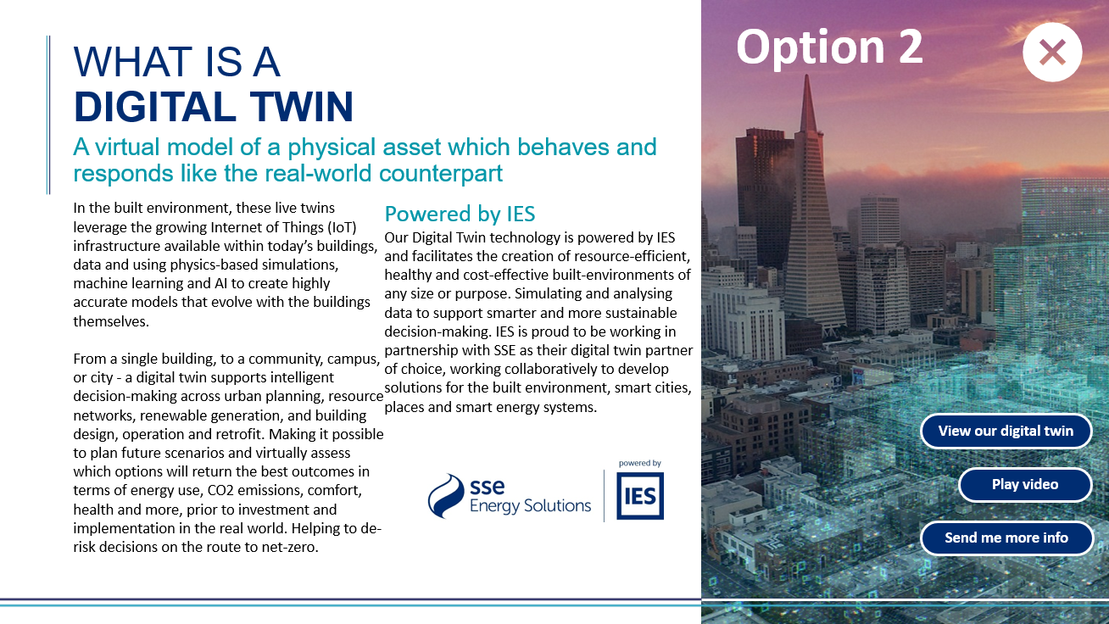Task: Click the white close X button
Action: tap(1052, 52)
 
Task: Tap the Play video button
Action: tap(1025, 484)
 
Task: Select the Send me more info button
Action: tap(1006, 538)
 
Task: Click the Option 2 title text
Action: tap(829, 47)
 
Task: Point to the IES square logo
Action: tap(639, 496)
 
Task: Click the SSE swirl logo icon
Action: tap(445, 496)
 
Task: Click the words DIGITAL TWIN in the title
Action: tap(214, 107)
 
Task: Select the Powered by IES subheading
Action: tap(460, 214)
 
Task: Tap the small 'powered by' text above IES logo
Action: tap(639, 463)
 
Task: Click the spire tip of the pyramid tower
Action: tap(807, 75)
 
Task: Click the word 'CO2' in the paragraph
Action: tap(222, 490)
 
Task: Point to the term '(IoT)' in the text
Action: tap(342, 227)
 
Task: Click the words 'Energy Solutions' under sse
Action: tap(530, 506)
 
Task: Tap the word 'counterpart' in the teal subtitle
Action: tap(441, 174)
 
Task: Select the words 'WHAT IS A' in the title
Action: tap(176, 62)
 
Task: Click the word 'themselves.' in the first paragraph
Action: tap(111, 321)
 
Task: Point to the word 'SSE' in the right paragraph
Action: tap(504, 350)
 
